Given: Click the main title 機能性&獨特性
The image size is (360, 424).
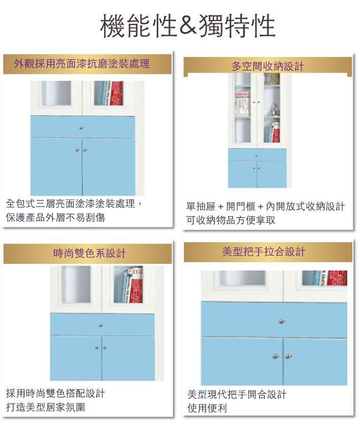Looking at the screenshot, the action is click(x=188, y=25).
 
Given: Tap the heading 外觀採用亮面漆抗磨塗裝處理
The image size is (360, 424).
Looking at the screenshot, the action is click(x=82, y=64).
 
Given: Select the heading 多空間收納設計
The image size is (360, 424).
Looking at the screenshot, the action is click(x=268, y=67).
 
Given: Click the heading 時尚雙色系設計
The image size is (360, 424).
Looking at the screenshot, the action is click(x=90, y=253).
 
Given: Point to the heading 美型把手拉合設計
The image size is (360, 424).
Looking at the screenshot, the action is click(x=264, y=252).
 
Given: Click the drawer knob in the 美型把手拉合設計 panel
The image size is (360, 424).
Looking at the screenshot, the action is click(x=282, y=321).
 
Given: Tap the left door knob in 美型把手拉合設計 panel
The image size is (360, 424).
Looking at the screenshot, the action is click(x=275, y=356).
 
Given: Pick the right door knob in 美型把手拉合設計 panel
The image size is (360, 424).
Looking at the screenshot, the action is click(x=289, y=356).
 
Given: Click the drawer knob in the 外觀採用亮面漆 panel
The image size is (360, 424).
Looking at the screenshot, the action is click(x=81, y=127).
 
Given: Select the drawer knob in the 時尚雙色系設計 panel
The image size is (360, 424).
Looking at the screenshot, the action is click(x=101, y=325).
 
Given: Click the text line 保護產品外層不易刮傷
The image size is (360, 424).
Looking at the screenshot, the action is click(x=55, y=217).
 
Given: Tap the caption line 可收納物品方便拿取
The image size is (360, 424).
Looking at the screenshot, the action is click(x=230, y=220).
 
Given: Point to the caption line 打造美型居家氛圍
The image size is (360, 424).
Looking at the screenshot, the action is click(x=45, y=407).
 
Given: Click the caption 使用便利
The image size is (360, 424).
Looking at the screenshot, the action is click(x=207, y=408).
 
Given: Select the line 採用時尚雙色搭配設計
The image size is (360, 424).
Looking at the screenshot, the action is click(x=55, y=393).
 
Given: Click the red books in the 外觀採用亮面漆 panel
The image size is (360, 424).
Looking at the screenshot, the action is click(x=116, y=93).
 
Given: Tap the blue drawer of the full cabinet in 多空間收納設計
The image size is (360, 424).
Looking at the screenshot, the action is click(x=257, y=155).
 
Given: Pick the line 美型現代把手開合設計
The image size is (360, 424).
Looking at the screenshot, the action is click(x=236, y=395).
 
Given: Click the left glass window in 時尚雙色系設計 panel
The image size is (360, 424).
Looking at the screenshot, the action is click(x=76, y=284).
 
